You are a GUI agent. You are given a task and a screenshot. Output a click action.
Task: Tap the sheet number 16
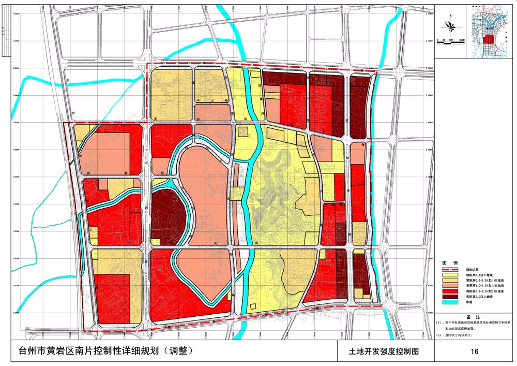coord(475,352)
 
